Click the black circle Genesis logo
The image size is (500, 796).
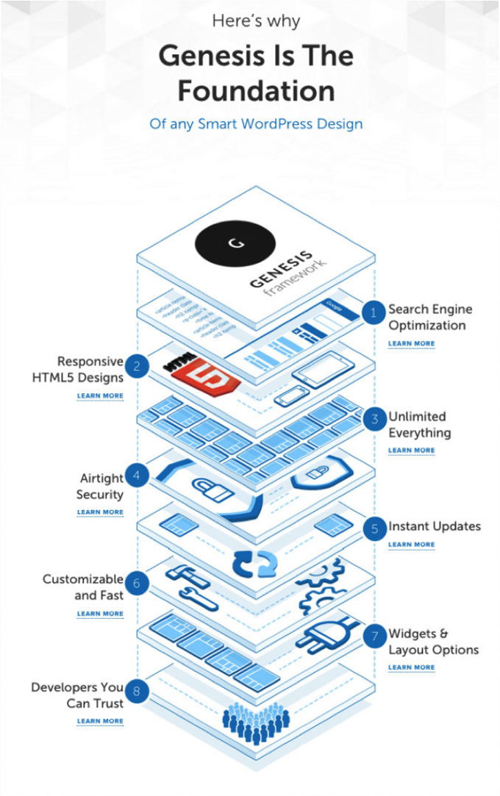(x=235, y=242)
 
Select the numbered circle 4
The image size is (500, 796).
(x=135, y=475)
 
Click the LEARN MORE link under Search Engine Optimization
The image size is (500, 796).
(x=411, y=343)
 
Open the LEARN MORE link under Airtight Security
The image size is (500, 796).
(x=100, y=512)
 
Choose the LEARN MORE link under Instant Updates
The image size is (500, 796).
(x=411, y=545)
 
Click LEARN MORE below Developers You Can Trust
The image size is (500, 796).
(x=100, y=721)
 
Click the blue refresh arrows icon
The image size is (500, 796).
(x=255, y=563)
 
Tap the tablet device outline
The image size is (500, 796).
(x=324, y=370)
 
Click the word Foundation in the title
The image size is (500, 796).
(x=256, y=91)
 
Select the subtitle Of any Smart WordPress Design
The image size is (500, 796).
(x=256, y=123)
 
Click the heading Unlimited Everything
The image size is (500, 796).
(x=419, y=425)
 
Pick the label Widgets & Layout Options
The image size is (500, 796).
(x=433, y=642)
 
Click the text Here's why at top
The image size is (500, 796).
(x=256, y=21)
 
